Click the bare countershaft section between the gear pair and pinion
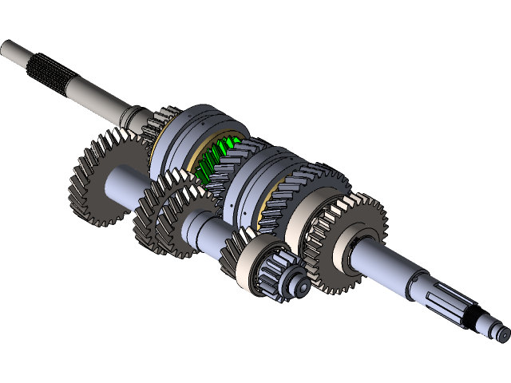point(204,231)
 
